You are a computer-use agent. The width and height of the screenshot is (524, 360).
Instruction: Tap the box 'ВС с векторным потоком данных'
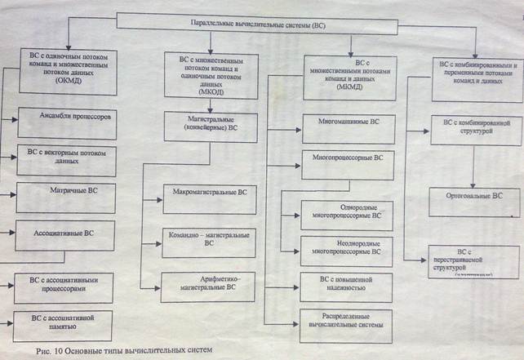coord(66,156)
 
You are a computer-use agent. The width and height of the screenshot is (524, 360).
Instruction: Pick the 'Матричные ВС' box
coord(66,198)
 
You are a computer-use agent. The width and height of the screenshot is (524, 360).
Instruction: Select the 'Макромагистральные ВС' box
coord(210,198)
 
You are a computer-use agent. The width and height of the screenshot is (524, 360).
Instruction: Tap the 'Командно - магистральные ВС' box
coord(209,238)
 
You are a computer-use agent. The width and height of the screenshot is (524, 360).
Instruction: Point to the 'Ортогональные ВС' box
coord(477,197)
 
